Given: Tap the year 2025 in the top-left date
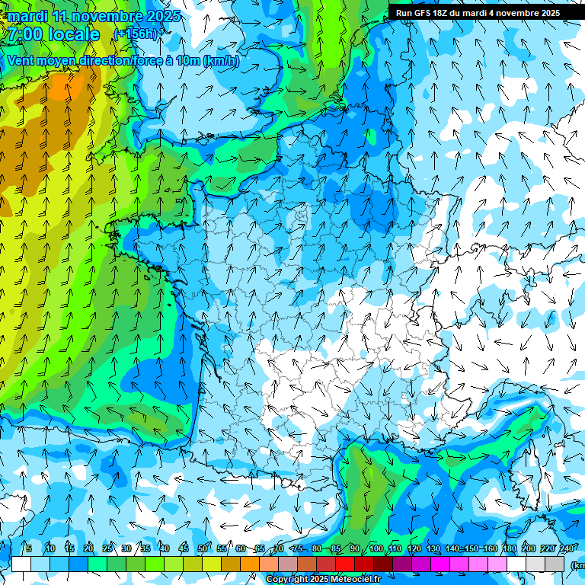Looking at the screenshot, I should pos(162,16).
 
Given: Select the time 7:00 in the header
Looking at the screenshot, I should pos(23,34).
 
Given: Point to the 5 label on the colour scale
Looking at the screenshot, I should pos(28,549).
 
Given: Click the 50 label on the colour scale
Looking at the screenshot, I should pos(202,549).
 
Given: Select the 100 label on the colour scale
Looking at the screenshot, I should pos(376,549).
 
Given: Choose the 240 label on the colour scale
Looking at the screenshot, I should pos(566,549).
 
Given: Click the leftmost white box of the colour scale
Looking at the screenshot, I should pos(21,564).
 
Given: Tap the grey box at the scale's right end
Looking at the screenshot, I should pos(555,564).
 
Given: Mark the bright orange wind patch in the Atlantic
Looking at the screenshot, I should pos(61,88).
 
